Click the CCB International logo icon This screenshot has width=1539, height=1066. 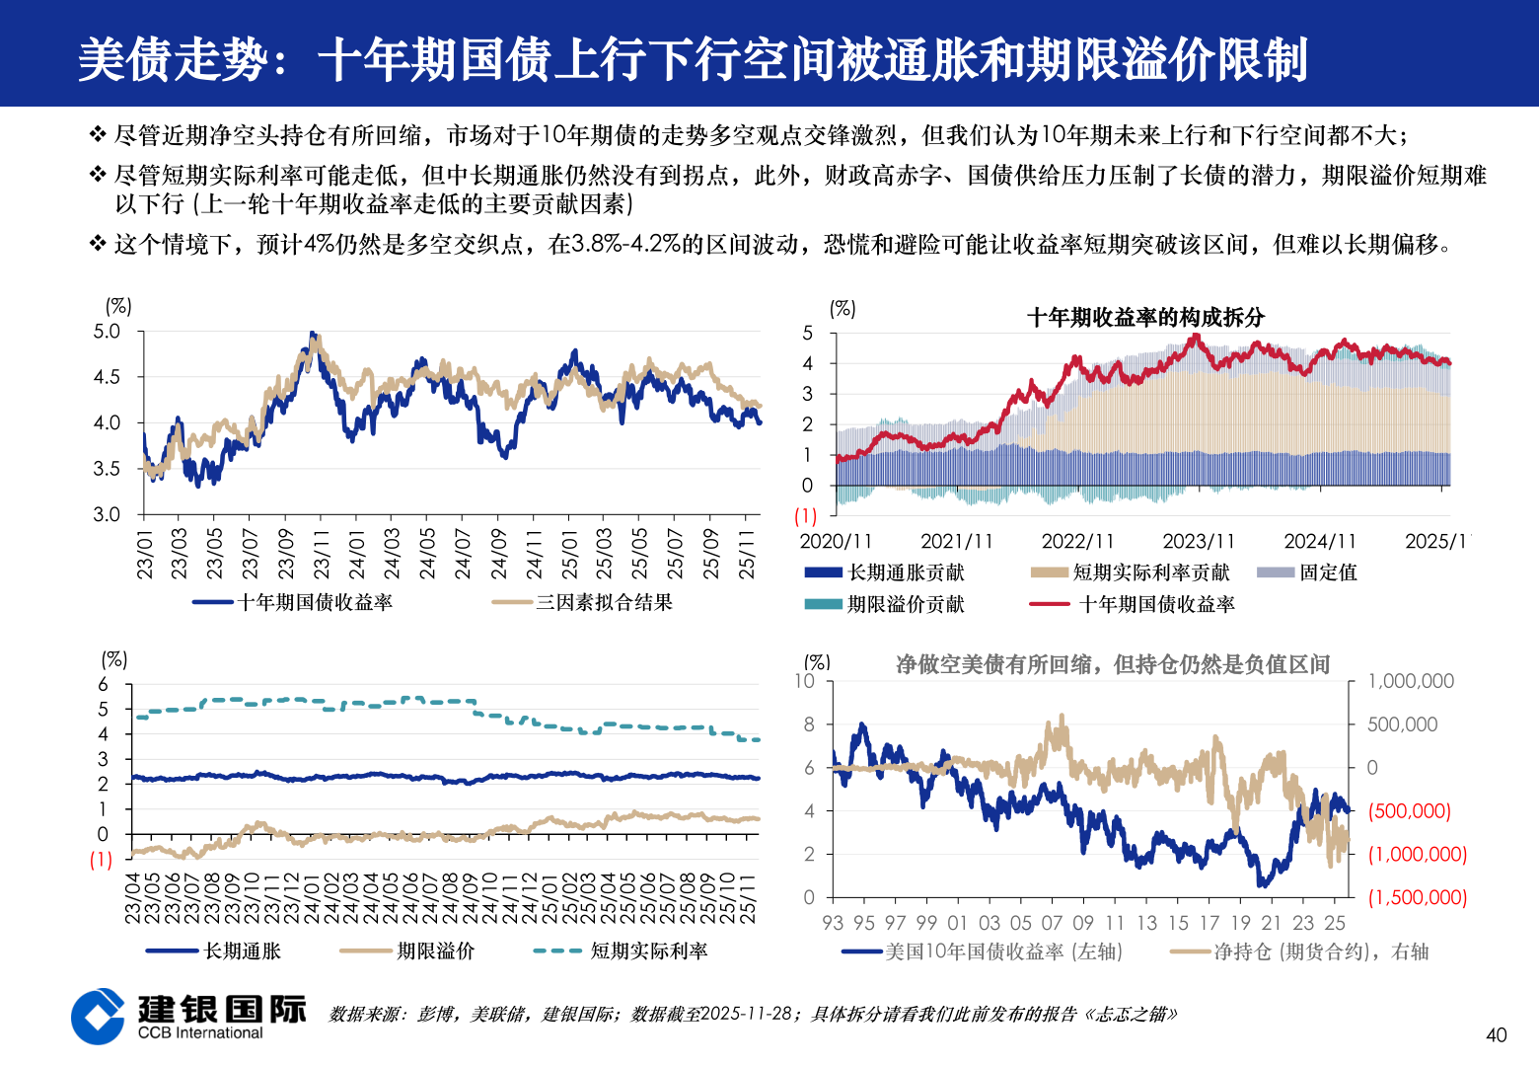98,1016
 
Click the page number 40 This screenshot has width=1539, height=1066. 1496,1034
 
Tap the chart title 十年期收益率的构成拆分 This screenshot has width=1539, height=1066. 1145,317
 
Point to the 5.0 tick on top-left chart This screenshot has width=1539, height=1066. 107,332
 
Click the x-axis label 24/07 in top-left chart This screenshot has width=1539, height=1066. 463,554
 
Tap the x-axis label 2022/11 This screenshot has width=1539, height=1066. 1077,541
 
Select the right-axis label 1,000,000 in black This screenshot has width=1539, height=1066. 1410,681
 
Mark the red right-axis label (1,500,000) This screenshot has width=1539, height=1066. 1417,897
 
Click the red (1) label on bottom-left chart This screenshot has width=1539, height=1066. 101,860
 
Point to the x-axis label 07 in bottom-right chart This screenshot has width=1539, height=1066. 1052,923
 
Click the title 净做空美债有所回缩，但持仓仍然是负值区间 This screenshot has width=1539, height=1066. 1113,664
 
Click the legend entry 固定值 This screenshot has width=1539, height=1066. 1328,572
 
